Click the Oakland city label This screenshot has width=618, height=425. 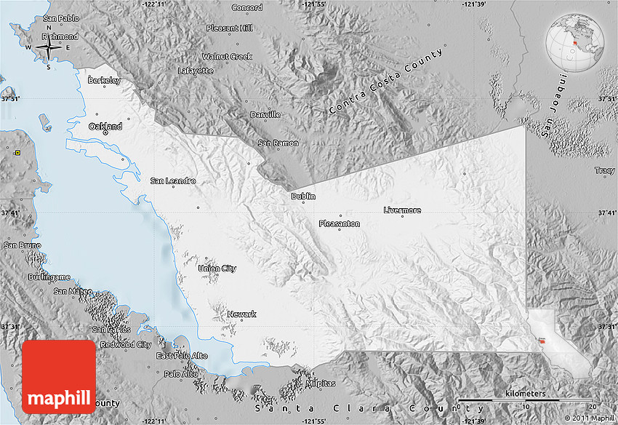tap(104, 126)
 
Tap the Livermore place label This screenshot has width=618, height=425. tap(402, 210)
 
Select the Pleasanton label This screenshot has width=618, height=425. tap(339, 224)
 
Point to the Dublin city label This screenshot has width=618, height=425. tap(303, 196)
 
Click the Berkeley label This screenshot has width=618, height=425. tap(104, 81)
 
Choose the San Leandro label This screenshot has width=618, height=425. tap(172, 180)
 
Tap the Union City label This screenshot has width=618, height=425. tap(217, 269)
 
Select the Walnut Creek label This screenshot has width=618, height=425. tap(227, 56)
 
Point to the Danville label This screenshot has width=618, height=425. tap(265, 115)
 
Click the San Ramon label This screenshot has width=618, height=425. tap(278, 143)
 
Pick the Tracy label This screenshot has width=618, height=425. tap(604, 170)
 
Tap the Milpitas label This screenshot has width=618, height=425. tap(321, 383)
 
